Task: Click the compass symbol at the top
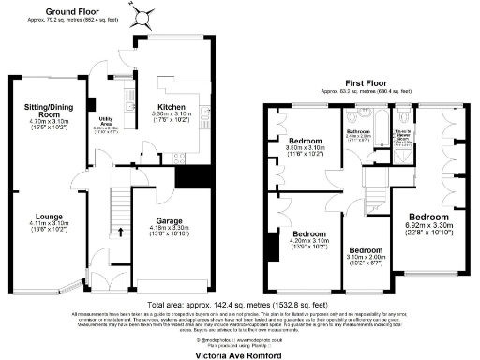coord(142,15)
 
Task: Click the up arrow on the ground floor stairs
coord(121,232)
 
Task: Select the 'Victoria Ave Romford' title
coord(239,354)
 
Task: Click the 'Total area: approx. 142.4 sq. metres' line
coord(239,306)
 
